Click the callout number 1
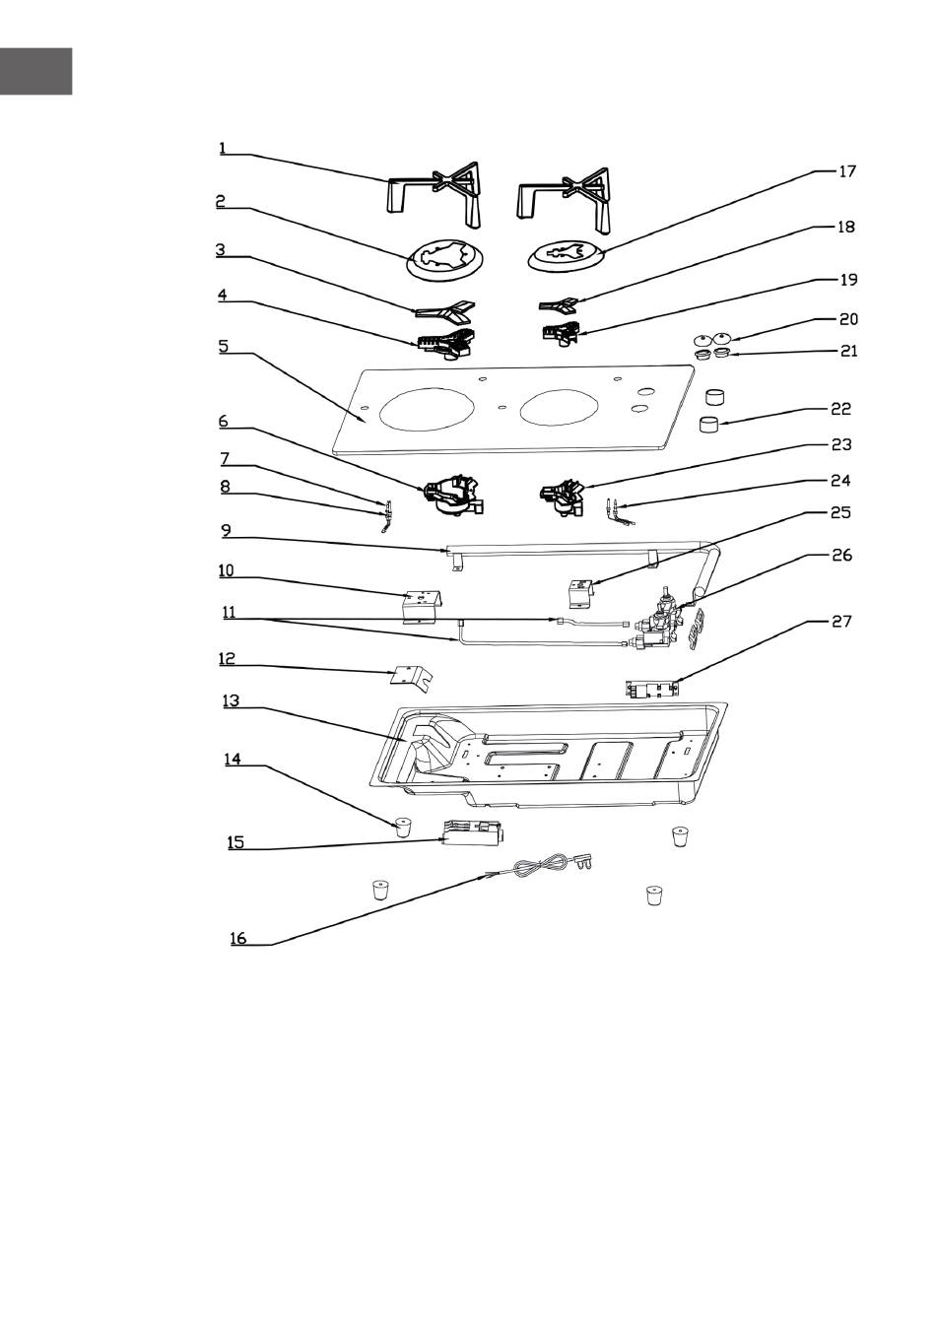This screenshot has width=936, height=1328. click(223, 148)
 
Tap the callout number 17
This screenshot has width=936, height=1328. click(847, 171)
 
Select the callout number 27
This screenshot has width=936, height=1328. click(841, 622)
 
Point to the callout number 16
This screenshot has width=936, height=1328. click(238, 939)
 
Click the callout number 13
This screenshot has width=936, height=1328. click(232, 700)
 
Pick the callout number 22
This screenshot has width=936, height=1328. click(841, 409)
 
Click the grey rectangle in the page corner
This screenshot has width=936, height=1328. click(36, 71)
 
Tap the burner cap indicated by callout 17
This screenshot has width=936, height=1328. click(566, 255)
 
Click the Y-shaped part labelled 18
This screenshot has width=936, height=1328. click(558, 305)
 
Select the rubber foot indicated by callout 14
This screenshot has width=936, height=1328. click(403, 827)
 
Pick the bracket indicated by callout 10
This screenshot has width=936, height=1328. click(423, 607)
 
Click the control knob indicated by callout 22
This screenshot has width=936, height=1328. click(710, 425)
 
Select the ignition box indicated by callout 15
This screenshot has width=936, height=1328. click(474, 832)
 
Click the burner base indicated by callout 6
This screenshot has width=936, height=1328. click(453, 495)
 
